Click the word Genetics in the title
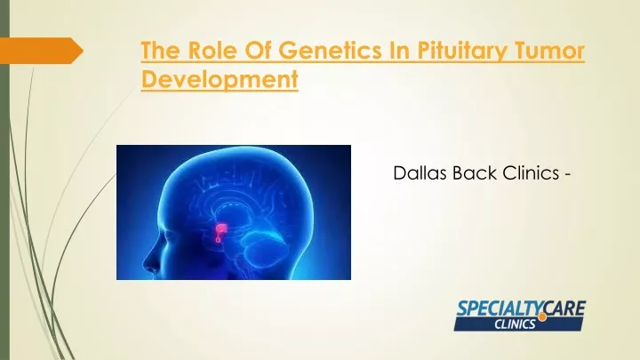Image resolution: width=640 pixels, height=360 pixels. coord(331,50)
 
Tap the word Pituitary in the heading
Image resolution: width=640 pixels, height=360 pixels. coord(462,52)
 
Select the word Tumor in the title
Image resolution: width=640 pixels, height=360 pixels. coord(549,50)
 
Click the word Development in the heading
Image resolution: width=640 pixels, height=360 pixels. coord(220,80)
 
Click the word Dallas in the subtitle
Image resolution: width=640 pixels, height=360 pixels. coord(420,173)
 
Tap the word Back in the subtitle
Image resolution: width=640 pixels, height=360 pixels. coord(475,173)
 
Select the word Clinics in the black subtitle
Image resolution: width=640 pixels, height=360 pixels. coord(531,173)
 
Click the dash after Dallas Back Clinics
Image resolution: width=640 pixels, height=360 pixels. coord(567,175)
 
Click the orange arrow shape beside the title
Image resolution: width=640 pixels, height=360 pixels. coord(41,51)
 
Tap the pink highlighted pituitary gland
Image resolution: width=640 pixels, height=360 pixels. coord(220,233)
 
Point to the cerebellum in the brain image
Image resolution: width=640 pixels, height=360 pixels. coord(267,251)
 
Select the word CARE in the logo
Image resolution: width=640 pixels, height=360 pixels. coord(565,308)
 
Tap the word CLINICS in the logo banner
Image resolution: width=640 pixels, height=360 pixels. coord(515,324)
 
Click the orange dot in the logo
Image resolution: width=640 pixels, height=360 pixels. coord(542,317)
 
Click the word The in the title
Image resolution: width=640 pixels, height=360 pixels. coord(161,50)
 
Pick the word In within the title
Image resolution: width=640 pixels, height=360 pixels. coord(400,50)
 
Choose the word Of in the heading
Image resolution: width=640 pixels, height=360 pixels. coord(259,50)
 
